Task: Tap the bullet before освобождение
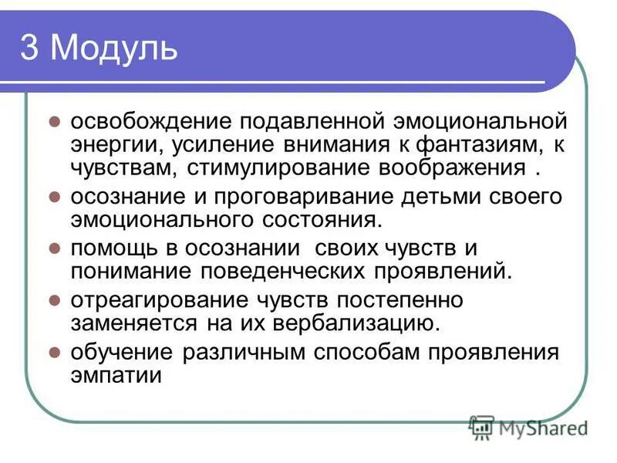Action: tap(55, 122)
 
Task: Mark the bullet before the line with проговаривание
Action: tap(55, 196)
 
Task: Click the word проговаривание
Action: tap(296, 196)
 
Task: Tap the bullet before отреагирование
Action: tap(55, 299)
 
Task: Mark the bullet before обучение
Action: tap(55, 352)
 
